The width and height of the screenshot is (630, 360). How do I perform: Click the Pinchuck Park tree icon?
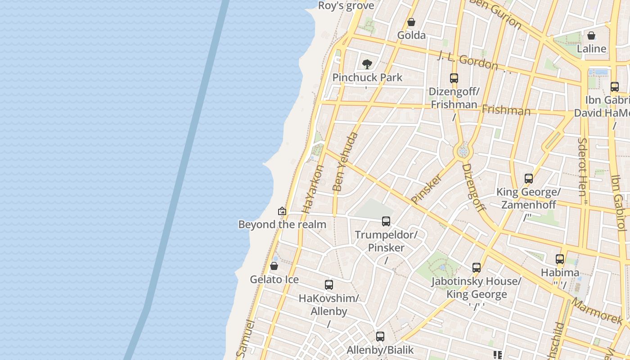[x=367, y=64]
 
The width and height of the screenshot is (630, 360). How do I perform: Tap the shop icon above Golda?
[x=411, y=22]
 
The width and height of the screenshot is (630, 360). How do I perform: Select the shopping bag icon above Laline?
[x=591, y=36]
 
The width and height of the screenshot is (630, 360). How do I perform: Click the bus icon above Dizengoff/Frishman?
[x=454, y=78]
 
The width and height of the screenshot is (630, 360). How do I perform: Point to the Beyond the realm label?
[x=282, y=224]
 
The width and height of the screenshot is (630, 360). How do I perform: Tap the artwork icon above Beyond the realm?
[x=282, y=211]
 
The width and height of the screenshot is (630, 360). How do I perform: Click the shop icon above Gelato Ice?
[x=274, y=266]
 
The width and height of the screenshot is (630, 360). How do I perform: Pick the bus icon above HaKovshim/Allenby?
[x=329, y=285]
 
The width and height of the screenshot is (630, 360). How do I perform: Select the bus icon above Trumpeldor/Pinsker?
[x=386, y=221]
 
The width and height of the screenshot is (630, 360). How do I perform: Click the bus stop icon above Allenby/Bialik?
[x=380, y=337]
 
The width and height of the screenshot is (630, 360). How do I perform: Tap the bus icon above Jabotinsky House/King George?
[x=477, y=268]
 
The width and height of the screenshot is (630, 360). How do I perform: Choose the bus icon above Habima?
[x=560, y=259]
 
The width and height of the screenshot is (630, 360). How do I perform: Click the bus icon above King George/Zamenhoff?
[x=529, y=179]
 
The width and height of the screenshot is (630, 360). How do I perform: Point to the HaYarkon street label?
[x=313, y=189]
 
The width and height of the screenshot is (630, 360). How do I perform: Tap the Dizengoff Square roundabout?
[x=463, y=152]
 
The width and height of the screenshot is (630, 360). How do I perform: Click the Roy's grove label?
[x=346, y=6]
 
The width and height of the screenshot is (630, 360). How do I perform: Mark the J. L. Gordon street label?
[x=468, y=61]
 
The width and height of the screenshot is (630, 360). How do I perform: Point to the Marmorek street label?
[x=598, y=310]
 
